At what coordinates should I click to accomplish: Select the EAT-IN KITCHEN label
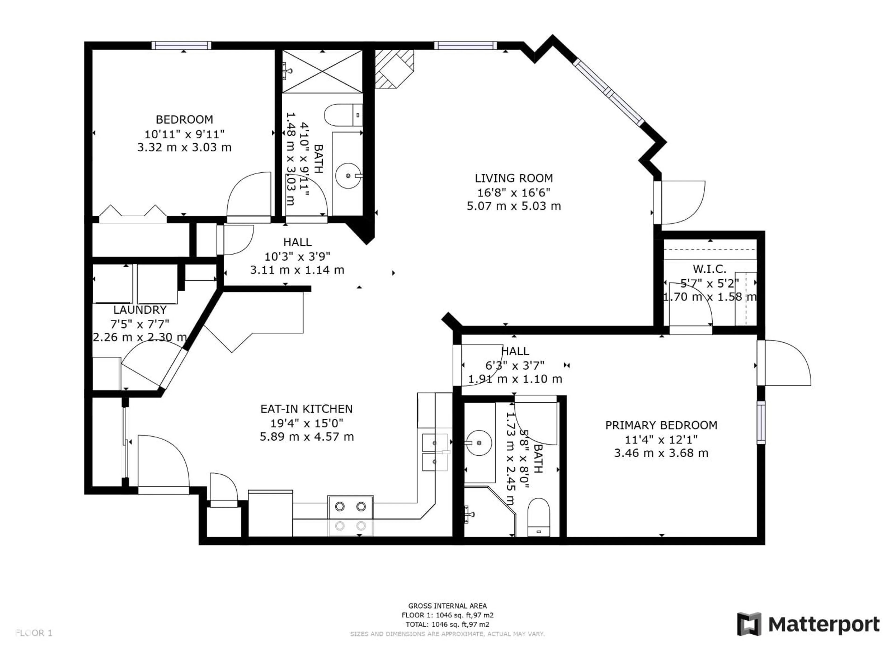tap(306, 409)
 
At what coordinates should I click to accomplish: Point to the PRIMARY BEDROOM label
tap(661, 425)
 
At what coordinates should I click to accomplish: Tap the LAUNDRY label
tap(140, 310)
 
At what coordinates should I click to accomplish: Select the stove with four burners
tap(350, 515)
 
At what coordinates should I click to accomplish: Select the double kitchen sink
tap(435, 452)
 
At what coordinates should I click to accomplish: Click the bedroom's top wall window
tap(181, 45)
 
